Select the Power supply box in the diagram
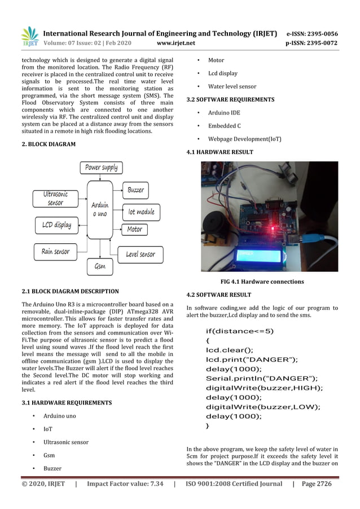(102, 167)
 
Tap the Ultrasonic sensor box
(55, 198)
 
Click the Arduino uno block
(100, 209)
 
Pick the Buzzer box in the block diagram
(135, 190)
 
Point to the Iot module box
(141, 212)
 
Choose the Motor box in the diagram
(134, 229)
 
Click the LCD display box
(56, 225)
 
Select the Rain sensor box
(55, 251)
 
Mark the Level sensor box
(140, 254)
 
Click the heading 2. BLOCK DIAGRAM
(49, 144)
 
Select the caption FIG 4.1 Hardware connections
(262, 282)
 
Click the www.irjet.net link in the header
(177, 43)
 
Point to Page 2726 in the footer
(317, 484)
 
